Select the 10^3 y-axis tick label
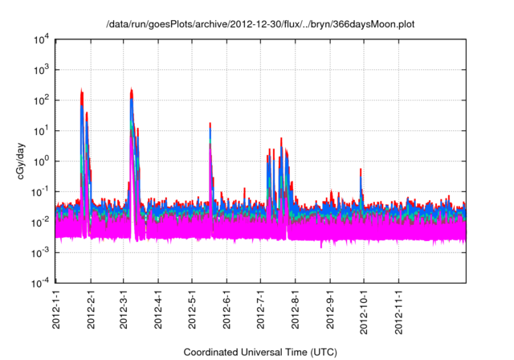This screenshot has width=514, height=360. click(42, 70)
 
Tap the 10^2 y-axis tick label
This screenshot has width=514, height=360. click(42, 100)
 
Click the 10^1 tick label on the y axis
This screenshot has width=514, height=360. click(42, 130)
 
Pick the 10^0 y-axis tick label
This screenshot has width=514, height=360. click(42, 161)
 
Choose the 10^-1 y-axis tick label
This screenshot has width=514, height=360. click(41, 190)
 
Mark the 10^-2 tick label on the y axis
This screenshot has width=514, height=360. click(41, 221)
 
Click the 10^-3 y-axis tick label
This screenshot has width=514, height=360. click(41, 251)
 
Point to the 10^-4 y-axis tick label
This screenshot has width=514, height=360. click(41, 281)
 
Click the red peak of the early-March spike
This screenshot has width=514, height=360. click(131, 89)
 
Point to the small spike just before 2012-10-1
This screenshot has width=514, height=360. click(361, 171)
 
